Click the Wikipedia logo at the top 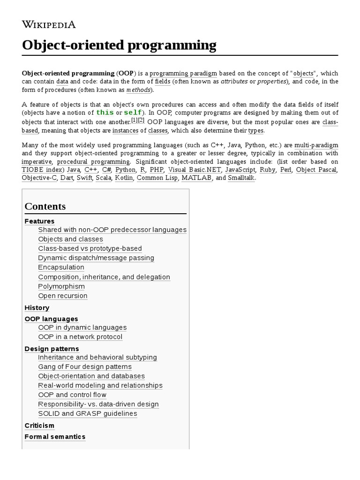49,25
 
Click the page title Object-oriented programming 119,45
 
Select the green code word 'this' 105,113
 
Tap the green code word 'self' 133,113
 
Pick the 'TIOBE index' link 42,170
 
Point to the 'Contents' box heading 45,206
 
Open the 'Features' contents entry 39,221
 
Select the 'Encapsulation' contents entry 61,267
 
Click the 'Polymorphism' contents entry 61,286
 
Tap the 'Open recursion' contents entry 63,296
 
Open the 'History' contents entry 37,308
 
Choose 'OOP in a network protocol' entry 80,337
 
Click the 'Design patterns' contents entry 52,349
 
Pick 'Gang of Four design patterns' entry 85,367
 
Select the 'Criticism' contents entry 39,426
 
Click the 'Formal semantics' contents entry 55,437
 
